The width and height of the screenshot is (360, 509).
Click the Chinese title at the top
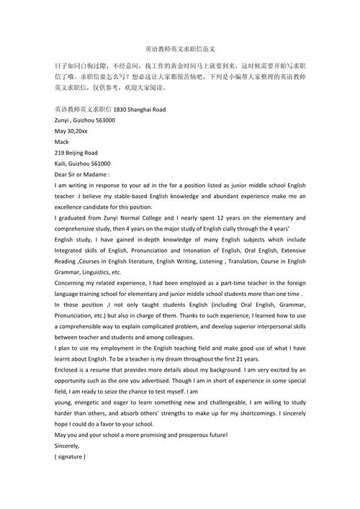pos(179,49)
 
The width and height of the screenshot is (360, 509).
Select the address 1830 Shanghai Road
pos(140,109)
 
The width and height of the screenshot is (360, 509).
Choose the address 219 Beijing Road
pos(76,153)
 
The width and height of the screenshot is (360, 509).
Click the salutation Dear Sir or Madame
pos(81,174)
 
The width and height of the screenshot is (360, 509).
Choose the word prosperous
pos(185,435)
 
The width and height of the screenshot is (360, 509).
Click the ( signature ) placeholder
pos(70,456)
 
